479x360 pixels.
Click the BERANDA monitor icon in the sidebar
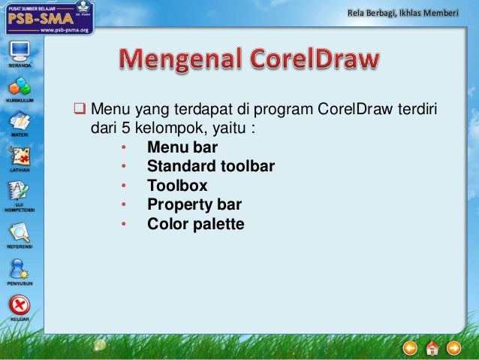pyautogui.click(x=19, y=52)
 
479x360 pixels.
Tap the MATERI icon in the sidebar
pyautogui.click(x=19, y=121)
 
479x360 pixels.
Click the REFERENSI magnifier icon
pyautogui.click(x=19, y=232)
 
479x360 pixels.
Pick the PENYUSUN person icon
pyautogui.click(x=19, y=268)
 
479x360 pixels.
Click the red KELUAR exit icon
pyautogui.click(x=19, y=305)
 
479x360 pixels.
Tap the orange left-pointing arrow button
pyautogui.click(x=410, y=347)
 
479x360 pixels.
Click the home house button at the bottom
pyautogui.click(x=432, y=347)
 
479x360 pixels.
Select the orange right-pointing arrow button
pyautogui.click(x=453, y=347)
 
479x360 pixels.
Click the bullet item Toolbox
pyautogui.click(x=176, y=186)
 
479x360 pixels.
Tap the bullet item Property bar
pyautogui.click(x=194, y=204)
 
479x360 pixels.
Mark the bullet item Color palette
pyautogui.click(x=195, y=224)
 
